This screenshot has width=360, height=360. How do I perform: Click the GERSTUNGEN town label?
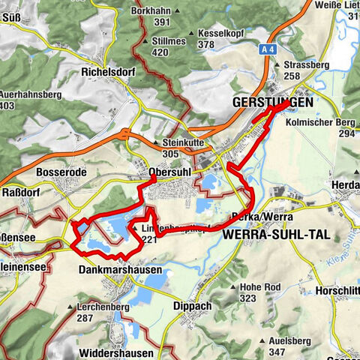click(x=269, y=101)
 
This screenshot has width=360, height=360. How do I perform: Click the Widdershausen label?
click(x=115, y=352)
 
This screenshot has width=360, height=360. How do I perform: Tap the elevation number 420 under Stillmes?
click(x=159, y=52)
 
